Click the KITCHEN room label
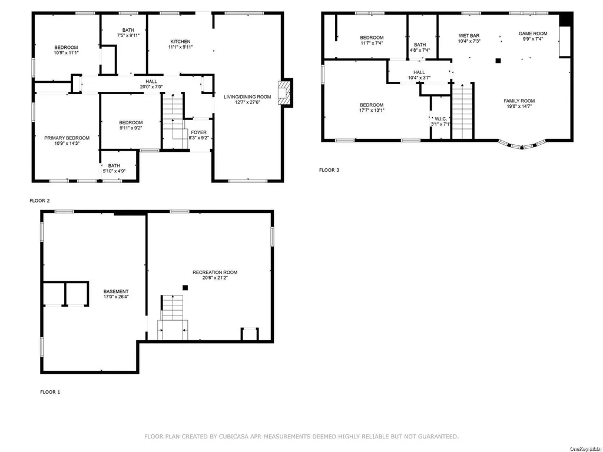[x=180, y=42]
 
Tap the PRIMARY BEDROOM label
[x=67, y=138]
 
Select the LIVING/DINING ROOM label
[x=248, y=97]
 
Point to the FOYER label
[x=199, y=132]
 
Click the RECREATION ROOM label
[x=215, y=272]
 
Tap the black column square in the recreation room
[x=185, y=287]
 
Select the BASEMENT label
[x=116, y=292]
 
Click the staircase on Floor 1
[x=173, y=317]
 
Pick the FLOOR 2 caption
[x=39, y=201]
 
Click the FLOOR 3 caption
[x=329, y=170]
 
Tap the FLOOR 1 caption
[x=50, y=392]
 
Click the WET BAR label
[x=469, y=36]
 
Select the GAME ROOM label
[x=533, y=34]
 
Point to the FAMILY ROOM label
[x=519, y=101]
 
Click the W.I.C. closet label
[x=440, y=119]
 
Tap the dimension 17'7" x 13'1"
[x=372, y=110]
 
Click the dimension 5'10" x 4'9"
[x=114, y=171]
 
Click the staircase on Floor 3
[x=462, y=111]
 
